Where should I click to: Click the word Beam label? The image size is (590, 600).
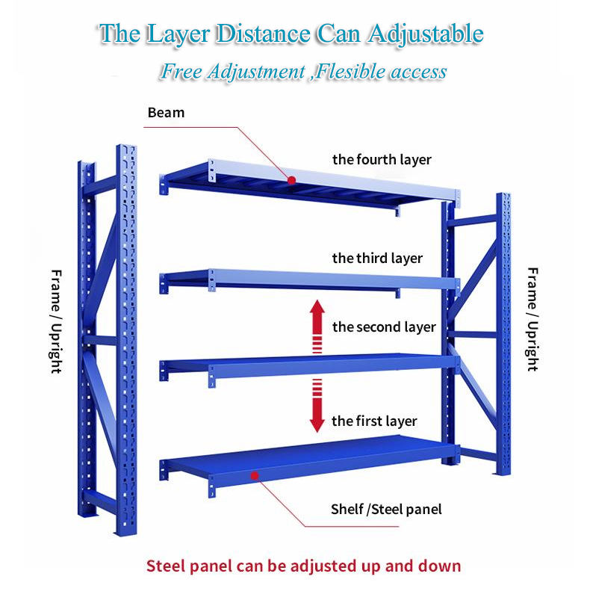pos(166,113)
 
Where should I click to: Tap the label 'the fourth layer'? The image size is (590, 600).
pos(382,159)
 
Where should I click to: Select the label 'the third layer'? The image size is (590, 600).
pos(377,259)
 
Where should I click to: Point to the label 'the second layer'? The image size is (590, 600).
pos(384,327)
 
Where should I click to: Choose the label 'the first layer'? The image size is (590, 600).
pos(374,421)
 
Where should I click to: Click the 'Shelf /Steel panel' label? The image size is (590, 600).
pos(386,510)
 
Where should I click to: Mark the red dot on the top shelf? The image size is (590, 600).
pos(291,180)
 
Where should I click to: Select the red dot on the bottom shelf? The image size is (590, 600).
pos(254,475)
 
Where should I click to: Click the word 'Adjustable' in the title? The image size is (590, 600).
pos(423,34)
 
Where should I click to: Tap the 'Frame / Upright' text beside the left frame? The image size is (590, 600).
pos(56,321)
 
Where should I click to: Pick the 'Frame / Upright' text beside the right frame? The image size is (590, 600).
pos(532,319)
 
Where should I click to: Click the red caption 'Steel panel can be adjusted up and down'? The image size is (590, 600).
pos(303,566)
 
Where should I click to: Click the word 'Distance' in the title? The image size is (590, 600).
pos(262,34)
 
